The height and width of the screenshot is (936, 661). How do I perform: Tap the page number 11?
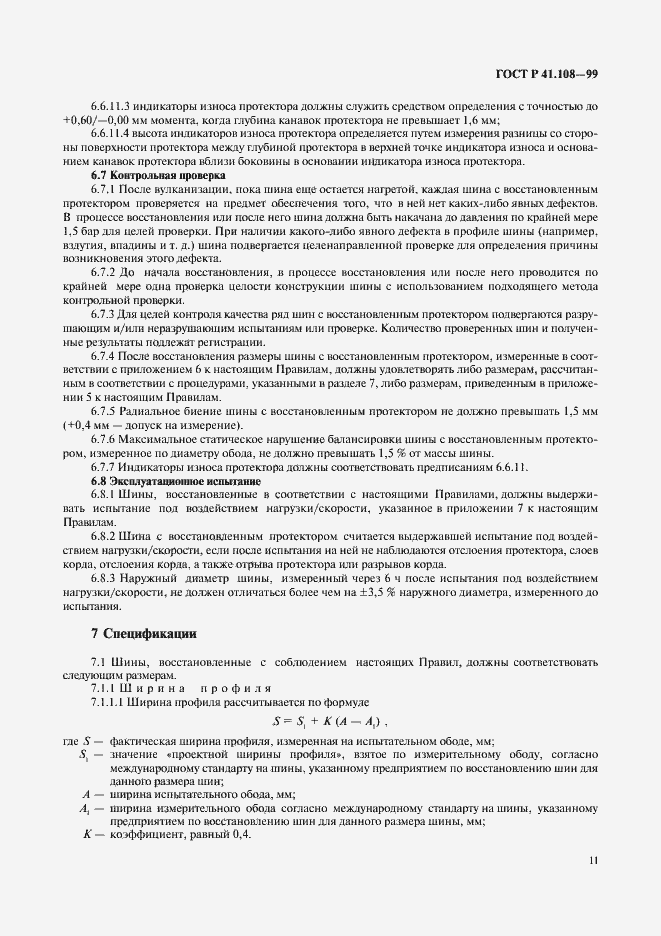593,859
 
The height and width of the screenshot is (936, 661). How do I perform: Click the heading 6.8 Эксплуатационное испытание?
170,482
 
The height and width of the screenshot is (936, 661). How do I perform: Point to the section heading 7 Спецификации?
144,633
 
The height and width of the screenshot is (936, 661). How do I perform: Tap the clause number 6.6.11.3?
113,105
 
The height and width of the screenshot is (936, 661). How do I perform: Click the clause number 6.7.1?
104,190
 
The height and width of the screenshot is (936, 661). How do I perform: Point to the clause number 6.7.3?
104,314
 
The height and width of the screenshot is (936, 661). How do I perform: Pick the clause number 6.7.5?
104,411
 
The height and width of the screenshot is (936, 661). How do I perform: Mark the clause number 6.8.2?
104,537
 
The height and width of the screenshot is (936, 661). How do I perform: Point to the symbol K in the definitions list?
86,835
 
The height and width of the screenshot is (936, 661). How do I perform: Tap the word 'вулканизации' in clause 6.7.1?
187,190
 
